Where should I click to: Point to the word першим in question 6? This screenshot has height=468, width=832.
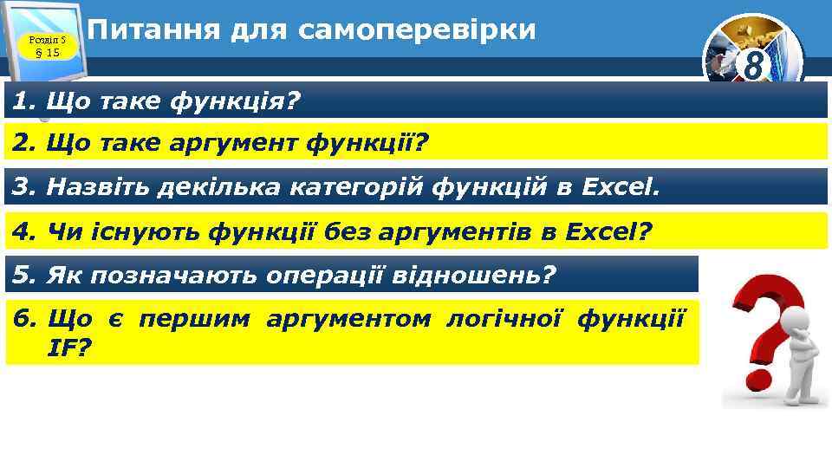pyautogui.click(x=195, y=319)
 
